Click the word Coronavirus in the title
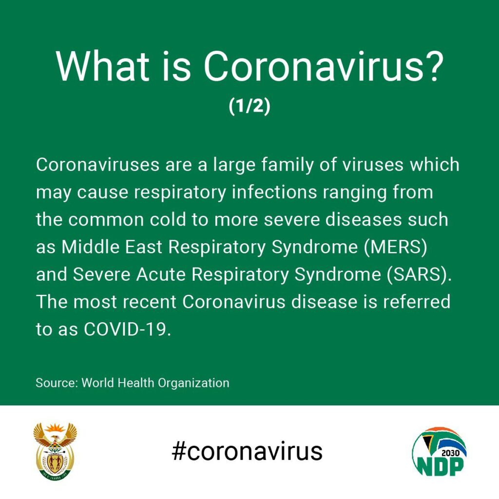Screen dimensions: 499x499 pos(313,66)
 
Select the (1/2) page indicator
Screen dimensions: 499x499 pos(249,106)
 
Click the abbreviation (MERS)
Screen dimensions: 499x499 pos(395,247)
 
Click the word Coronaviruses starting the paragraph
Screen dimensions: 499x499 pos(97,165)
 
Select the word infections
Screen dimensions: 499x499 pos(274,192)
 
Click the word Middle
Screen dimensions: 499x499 pos(90,247)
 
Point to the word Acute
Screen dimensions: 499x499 pos(161,274)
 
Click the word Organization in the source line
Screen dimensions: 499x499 pos(193,383)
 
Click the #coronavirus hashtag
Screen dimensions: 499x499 pos(247,451)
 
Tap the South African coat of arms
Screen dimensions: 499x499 pos(55,451)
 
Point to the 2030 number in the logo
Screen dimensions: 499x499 pos(451,453)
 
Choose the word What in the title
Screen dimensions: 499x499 pos(102,66)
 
